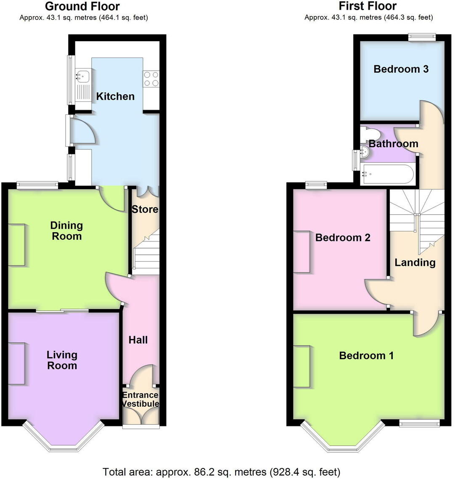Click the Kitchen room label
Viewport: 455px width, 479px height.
coord(115,96)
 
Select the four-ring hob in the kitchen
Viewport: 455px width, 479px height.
coord(151,79)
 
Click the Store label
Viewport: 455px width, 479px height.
coord(145,209)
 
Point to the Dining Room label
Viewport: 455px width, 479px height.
coord(67,231)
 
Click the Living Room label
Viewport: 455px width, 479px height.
coord(62,360)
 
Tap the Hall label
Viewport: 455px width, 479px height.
coord(138,340)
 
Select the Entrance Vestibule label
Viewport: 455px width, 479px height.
coord(140,400)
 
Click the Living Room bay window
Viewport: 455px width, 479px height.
coord(63,439)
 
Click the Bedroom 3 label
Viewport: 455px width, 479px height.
coord(401,69)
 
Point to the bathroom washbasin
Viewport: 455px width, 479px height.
coord(365,154)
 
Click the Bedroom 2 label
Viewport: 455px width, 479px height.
coord(343,238)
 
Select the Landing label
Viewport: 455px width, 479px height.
coord(415,263)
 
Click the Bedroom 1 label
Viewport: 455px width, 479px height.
coord(366,356)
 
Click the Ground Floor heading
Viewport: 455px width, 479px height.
coord(82,6)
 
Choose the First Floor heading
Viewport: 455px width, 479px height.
coord(368,6)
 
